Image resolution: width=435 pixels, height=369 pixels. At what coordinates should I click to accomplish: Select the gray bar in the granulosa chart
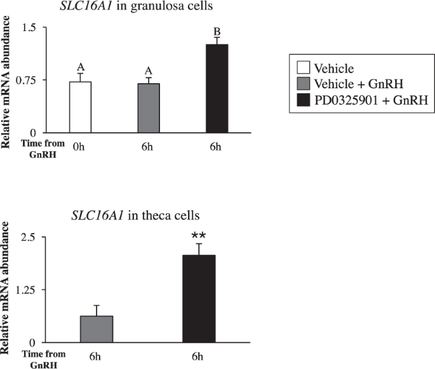pyautogui.click(x=149, y=108)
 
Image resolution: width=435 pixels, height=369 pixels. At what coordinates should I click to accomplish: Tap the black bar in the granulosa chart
pyautogui.click(x=217, y=88)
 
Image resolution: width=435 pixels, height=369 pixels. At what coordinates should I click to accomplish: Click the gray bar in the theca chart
pyautogui.click(x=97, y=328)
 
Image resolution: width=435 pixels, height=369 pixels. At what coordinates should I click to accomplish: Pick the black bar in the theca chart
pyautogui.click(x=199, y=299)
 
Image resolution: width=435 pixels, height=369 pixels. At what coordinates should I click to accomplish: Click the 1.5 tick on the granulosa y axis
pyautogui.click(x=29, y=28)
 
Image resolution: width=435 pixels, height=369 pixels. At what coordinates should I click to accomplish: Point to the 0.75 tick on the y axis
pyautogui.click(x=27, y=80)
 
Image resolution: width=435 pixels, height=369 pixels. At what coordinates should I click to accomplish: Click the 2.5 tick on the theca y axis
pyautogui.click(x=30, y=237)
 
